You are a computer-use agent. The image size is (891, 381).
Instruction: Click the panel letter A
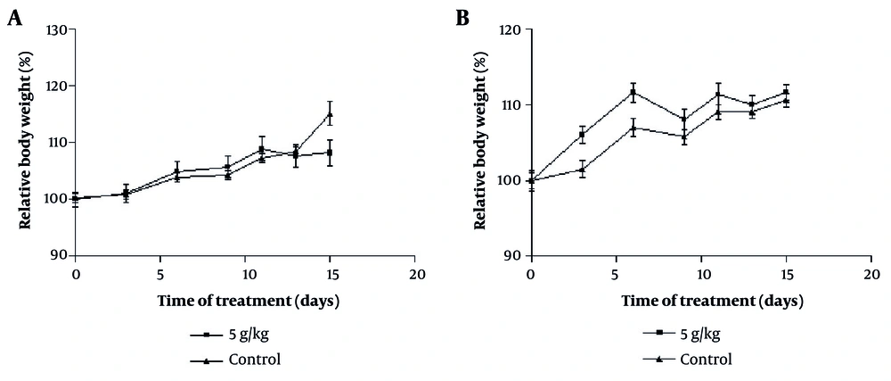(x=15, y=18)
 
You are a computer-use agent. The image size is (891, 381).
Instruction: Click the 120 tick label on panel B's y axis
(x=510, y=30)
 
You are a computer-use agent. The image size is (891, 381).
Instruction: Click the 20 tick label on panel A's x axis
(x=414, y=272)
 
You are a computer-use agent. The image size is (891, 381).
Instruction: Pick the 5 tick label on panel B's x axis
(x=615, y=272)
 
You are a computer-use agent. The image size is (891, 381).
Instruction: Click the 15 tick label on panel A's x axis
(x=330, y=272)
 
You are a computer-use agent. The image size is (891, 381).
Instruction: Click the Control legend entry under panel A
(x=255, y=360)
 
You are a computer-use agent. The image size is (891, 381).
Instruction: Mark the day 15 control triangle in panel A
(x=330, y=113)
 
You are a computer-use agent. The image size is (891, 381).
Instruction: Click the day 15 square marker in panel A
(x=330, y=153)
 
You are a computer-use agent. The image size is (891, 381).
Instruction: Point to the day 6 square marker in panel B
(x=633, y=92)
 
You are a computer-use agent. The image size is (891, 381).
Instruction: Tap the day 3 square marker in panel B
(x=582, y=136)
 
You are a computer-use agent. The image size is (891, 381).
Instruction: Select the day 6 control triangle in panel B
(x=633, y=128)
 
